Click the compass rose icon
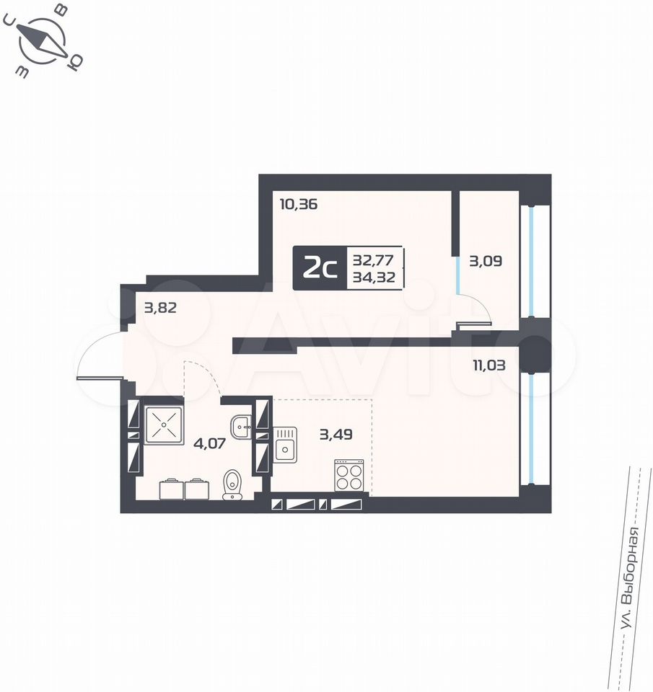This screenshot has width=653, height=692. click(x=43, y=40)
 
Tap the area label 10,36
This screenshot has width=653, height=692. click(x=299, y=204)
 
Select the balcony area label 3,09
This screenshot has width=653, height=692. click(x=486, y=261)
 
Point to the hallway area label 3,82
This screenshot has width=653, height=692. click(x=160, y=307)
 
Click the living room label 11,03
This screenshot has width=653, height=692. click(x=489, y=365)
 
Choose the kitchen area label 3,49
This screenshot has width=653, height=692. click(x=336, y=434)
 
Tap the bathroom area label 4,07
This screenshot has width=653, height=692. click(x=210, y=443)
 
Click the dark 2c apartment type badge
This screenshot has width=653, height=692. click(x=320, y=268)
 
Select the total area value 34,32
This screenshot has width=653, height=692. click(x=374, y=277)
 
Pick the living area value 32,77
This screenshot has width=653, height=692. click(x=373, y=260)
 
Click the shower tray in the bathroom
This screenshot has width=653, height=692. click(x=164, y=425)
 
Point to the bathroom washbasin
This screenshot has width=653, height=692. click(x=241, y=427)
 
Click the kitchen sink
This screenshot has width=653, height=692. click(x=285, y=445)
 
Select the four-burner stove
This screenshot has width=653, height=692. click(x=349, y=475)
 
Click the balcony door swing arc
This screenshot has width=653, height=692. click(x=481, y=303)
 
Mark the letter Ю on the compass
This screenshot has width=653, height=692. click(x=74, y=63)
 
